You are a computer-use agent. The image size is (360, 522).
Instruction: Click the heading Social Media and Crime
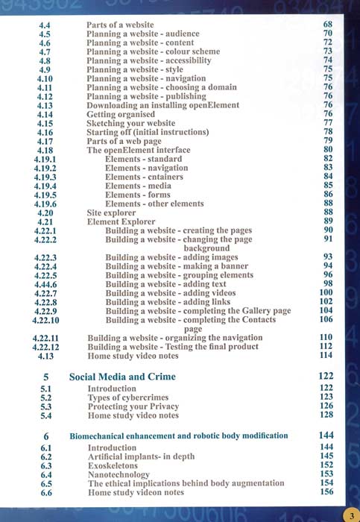pyautogui.click(x=122, y=377)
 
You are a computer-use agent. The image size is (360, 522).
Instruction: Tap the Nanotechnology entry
pyautogui.click(x=119, y=474)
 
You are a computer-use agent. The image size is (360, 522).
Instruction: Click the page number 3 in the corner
pyautogui.click(x=350, y=514)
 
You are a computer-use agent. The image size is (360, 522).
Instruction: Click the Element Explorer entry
pyautogui.click(x=121, y=221)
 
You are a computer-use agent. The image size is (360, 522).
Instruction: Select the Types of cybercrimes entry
pyautogui.click(x=128, y=397)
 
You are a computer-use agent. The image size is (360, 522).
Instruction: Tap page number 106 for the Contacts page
pyautogui.click(x=326, y=320)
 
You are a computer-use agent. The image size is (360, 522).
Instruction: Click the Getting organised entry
pyautogui.click(x=123, y=114)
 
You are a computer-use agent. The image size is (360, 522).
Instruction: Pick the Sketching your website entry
pyautogui.click(x=131, y=123)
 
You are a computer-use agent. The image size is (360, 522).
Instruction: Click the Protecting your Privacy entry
pyautogui.click(x=133, y=406)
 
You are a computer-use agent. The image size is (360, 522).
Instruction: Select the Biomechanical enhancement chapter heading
pyautogui.click(x=178, y=435)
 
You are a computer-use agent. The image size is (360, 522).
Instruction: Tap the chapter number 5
pyautogui.click(x=45, y=377)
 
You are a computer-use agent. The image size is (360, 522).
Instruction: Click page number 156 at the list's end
pyautogui.click(x=326, y=492)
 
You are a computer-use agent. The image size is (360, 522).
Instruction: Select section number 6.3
pyautogui.click(x=45, y=465)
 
